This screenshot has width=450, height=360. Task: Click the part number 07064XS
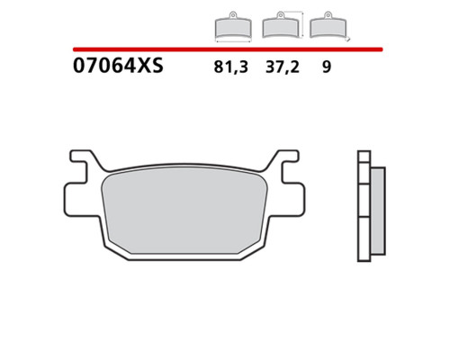pyautogui.click(x=118, y=66)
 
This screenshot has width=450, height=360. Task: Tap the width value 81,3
pyautogui.click(x=231, y=67)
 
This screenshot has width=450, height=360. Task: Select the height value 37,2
pyautogui.click(x=283, y=67)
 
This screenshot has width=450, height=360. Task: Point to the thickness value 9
pyautogui.click(x=327, y=67)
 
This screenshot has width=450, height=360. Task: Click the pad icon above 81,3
pyautogui.click(x=233, y=27)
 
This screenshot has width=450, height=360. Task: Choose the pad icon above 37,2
pyautogui.click(x=280, y=25)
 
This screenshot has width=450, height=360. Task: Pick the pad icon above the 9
pyautogui.click(x=328, y=25)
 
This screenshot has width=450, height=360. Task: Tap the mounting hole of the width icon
pyautogui.click(x=233, y=14)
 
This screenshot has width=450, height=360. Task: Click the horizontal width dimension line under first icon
pyautogui.click(x=233, y=41)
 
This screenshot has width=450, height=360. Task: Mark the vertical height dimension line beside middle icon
pyautogui.click(x=302, y=24)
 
